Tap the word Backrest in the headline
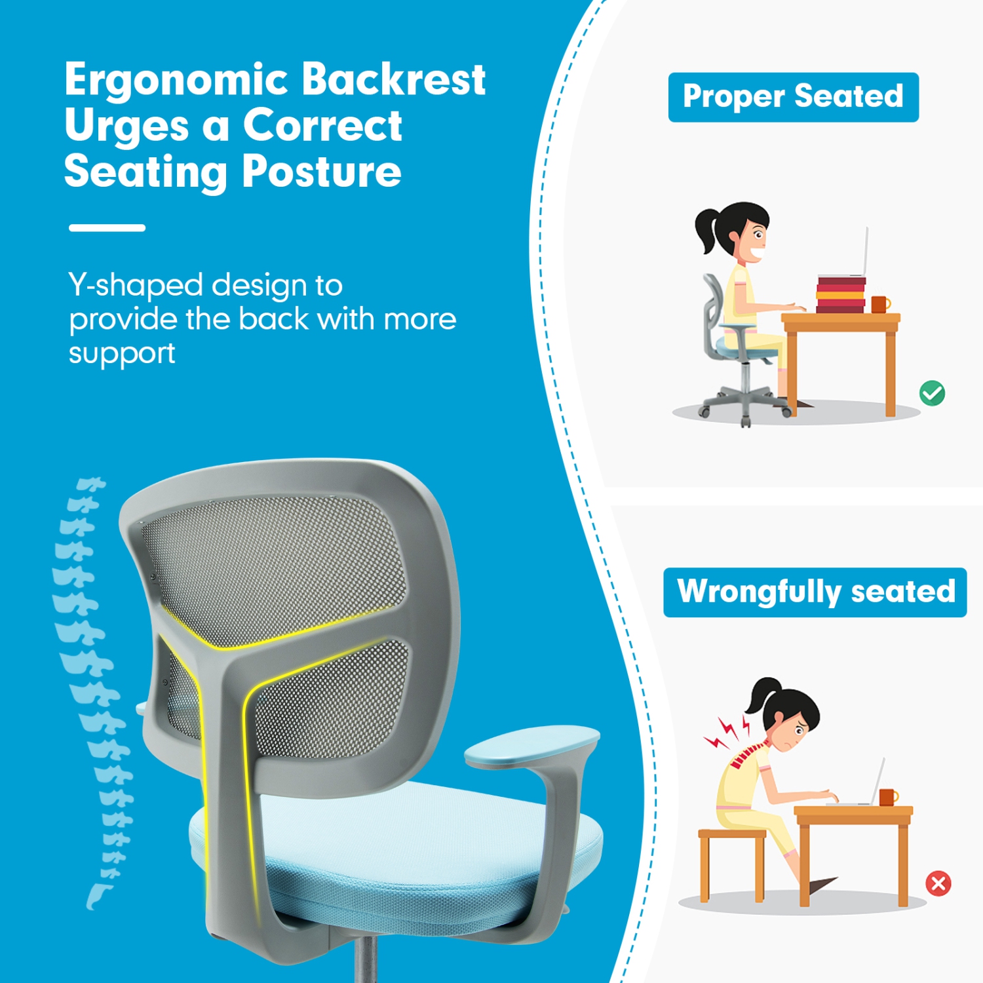click(393, 80)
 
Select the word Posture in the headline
click(321, 172)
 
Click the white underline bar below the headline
click(107, 228)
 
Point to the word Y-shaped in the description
click(136, 286)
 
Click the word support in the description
click(122, 354)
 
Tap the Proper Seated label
click(793, 97)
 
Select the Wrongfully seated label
click(815, 592)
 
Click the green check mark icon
click(932, 393)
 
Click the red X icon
click(938, 883)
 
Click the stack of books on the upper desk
click(841, 294)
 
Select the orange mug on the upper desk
click(880, 304)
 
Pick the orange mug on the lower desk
click(888, 797)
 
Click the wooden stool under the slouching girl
click(731, 858)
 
